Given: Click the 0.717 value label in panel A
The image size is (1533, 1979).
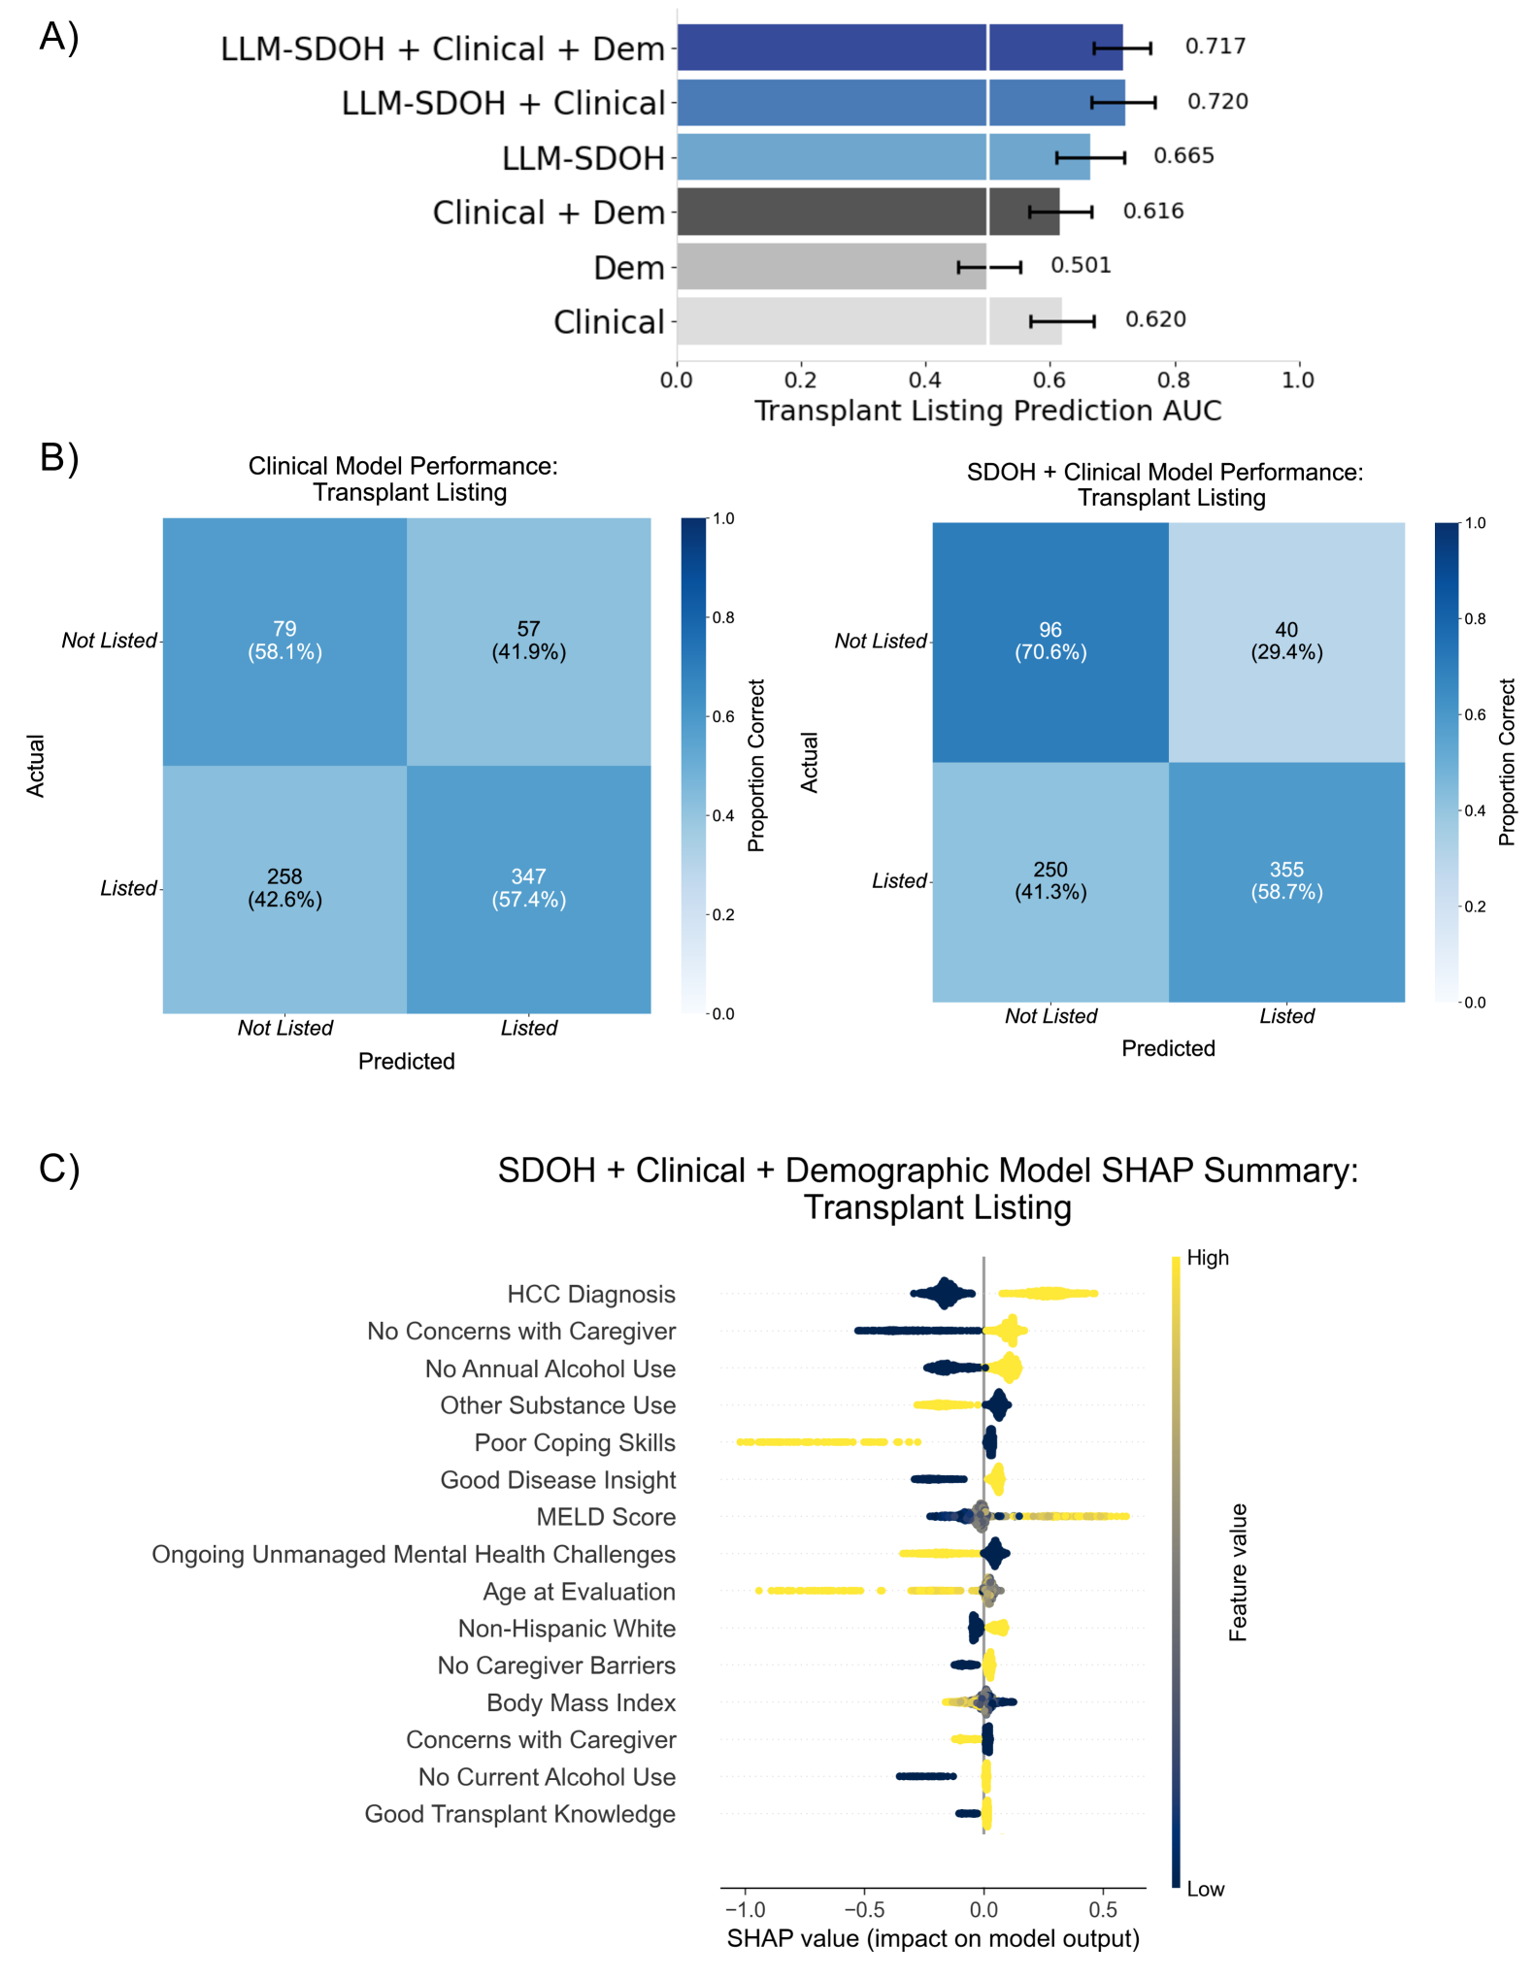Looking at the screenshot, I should coord(1215,47).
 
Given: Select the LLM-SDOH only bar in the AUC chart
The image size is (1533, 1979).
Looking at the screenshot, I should coord(883,157).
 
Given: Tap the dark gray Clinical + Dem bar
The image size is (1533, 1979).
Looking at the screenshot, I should coord(867,212).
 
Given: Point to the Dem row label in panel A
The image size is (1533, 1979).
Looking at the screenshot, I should coord(628,268).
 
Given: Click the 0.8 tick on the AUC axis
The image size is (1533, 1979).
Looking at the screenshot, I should coord(1174,379).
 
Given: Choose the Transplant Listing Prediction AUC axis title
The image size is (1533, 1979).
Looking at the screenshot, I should coord(987,411).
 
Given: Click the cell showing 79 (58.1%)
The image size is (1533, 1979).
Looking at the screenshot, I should coord(284,641).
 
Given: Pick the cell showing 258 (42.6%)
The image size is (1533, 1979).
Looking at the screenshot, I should coord(284,888).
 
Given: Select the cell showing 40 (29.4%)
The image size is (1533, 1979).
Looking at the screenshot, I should coord(1286,642).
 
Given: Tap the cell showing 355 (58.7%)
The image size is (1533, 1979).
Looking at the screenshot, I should coord(1286,881).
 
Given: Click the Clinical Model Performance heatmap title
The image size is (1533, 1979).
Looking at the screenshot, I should coord(403,478).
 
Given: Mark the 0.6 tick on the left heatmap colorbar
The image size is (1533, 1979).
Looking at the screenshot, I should coord(723,716).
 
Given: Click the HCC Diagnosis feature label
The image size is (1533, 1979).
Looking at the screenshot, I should coord(590,1295).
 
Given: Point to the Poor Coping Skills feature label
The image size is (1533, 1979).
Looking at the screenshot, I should coord(575,1443).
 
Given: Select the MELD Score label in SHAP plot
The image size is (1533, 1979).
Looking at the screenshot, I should coord(606,1517).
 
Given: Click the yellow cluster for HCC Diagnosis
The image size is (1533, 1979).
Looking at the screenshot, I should coord(1049,1293).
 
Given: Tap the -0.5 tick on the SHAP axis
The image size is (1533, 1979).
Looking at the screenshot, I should coord(864,1910).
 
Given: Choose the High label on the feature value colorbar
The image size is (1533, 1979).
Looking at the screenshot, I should coord(1208,1258).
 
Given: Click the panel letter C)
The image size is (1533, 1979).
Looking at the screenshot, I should coord(58,1169).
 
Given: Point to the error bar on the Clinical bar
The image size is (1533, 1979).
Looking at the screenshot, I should coord(1062,321).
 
